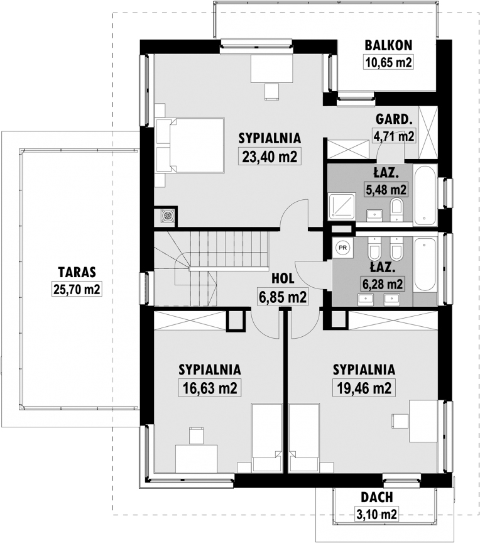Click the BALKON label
pos(388,45)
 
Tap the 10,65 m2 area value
pos(388,62)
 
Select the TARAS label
pos(77,272)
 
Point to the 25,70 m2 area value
pos(77,289)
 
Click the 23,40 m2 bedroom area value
pos(270,156)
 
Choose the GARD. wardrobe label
pos(394,119)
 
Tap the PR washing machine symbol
pos(342,248)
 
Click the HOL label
pos(283,278)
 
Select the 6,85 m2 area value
pos(282,297)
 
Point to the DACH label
pos(376,497)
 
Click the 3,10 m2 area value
pos(376,514)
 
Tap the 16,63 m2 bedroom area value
pos(210,388)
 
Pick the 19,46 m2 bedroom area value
pos(364,388)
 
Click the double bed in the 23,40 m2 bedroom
pos(190,145)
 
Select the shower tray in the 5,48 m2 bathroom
pos(342,206)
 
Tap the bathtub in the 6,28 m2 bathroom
pos(425,265)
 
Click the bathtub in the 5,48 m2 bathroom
pos(425,195)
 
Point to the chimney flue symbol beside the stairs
pos(168,216)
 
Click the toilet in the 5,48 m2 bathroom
pos(396,210)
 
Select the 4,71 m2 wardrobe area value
pos(393,136)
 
